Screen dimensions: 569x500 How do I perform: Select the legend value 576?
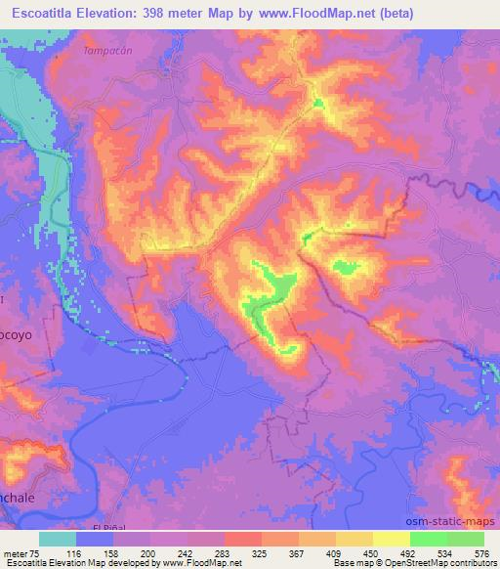point(483,553)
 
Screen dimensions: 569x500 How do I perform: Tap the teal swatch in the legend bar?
point(58,539)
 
